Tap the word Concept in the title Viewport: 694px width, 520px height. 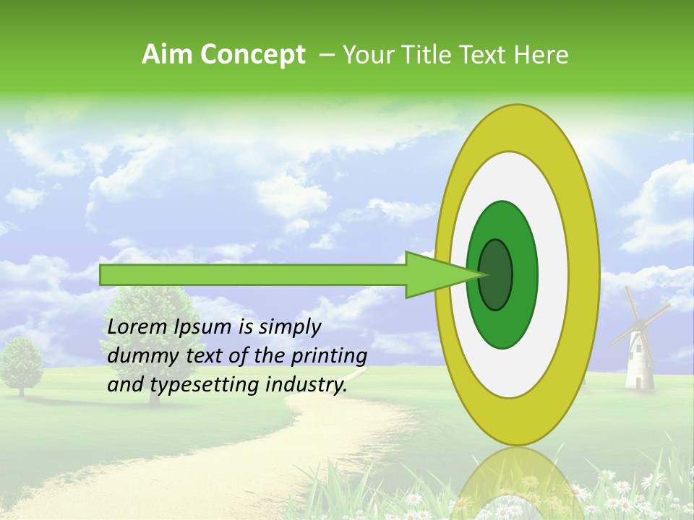(252, 56)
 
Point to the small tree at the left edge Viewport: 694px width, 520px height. (20, 365)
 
